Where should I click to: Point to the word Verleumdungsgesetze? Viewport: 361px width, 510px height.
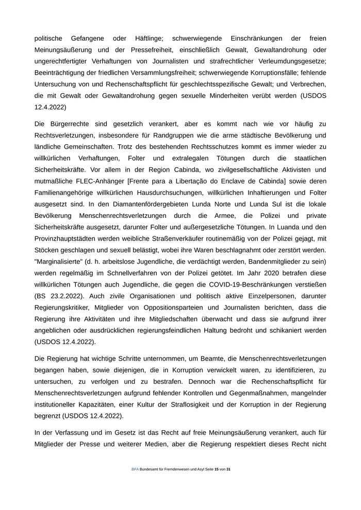[x=291, y=61]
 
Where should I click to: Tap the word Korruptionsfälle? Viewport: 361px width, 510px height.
[x=269, y=73]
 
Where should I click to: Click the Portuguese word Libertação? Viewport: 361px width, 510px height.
[x=193, y=181]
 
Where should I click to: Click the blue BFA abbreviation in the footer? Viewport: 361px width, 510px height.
[x=135, y=469]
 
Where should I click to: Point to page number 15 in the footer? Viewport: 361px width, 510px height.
[x=216, y=469]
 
